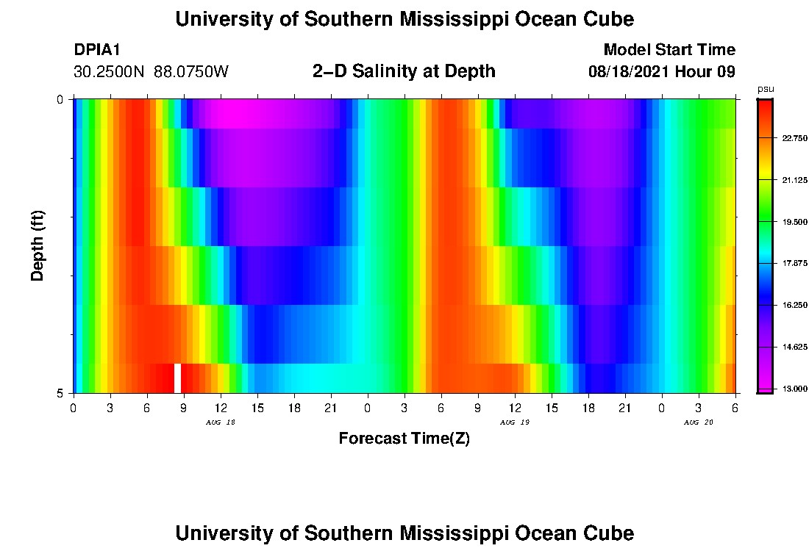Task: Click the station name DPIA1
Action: pyautogui.click(x=97, y=50)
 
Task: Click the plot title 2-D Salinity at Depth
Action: pyautogui.click(x=404, y=71)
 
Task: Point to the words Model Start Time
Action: pyautogui.click(x=669, y=50)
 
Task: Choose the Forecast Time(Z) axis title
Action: pyautogui.click(x=404, y=439)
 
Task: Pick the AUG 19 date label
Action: pyautogui.click(x=515, y=422)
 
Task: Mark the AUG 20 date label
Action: pyautogui.click(x=699, y=422)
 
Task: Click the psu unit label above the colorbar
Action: pyautogui.click(x=766, y=89)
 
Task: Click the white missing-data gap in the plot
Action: pyautogui.click(x=177, y=378)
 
